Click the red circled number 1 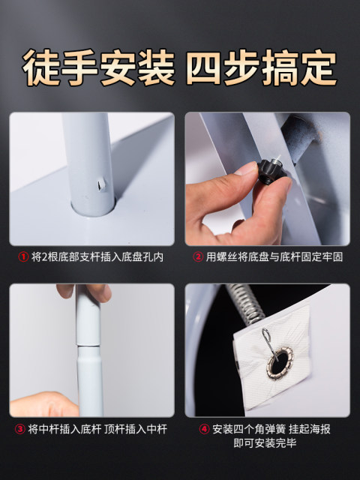coord(23,256)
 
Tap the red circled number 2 coord(198,256)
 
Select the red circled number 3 coord(20,429)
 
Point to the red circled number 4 coord(204,429)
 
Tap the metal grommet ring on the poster coord(280,363)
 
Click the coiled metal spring coord(246,302)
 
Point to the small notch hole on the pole coord(100,184)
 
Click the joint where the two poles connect coord(88,346)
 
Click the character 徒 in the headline coord(41,67)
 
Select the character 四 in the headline coord(205,67)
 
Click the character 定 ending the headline coord(318,67)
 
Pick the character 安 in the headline coord(118,67)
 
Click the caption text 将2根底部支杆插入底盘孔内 coord(97,256)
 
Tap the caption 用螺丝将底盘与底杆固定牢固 coord(274,256)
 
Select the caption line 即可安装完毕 coord(265,443)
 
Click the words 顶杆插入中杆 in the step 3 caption coord(136,429)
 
